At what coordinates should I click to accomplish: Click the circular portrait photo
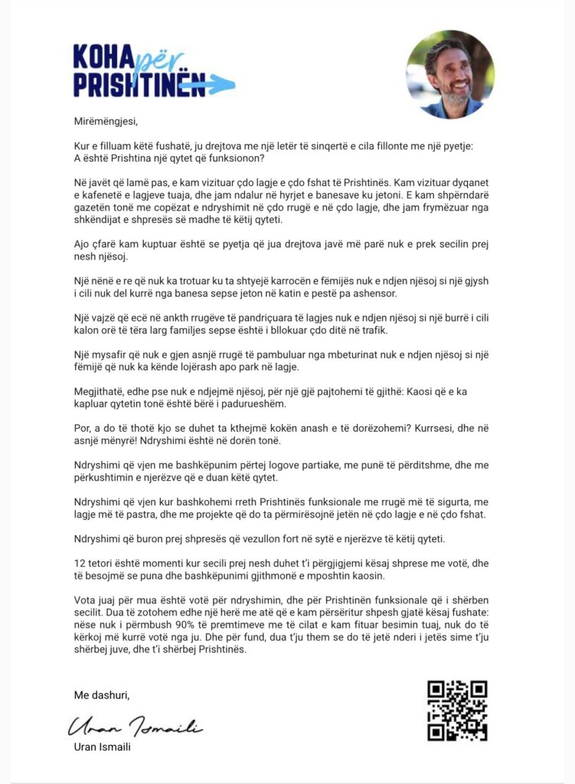[450, 74]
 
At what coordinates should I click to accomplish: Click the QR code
[457, 710]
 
